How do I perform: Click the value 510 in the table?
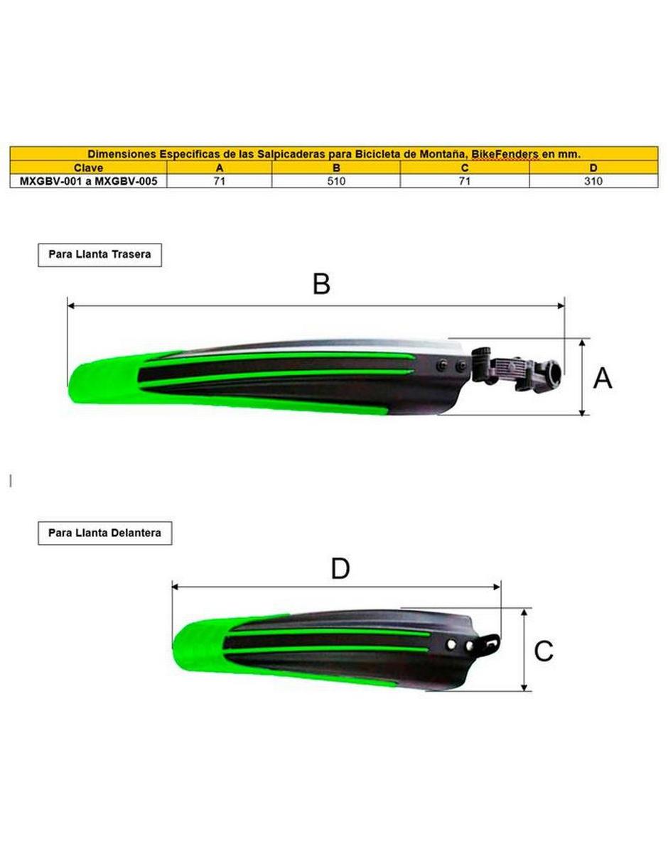click(x=336, y=181)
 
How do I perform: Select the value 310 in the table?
click(x=593, y=181)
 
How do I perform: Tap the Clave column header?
click(x=88, y=168)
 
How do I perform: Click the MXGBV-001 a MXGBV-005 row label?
click(x=89, y=181)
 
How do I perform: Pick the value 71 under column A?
click(x=219, y=181)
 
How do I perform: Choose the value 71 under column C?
click(x=464, y=181)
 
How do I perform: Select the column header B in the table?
click(x=336, y=168)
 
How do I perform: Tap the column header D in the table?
click(x=593, y=168)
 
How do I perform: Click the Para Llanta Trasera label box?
click(x=99, y=254)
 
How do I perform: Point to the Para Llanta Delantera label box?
click(x=105, y=533)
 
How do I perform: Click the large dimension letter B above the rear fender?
click(x=321, y=283)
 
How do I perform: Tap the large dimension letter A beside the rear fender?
click(x=602, y=378)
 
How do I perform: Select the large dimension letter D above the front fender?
click(x=340, y=569)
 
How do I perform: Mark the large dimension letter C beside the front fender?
click(x=544, y=651)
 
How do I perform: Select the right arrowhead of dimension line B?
click(x=561, y=305)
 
